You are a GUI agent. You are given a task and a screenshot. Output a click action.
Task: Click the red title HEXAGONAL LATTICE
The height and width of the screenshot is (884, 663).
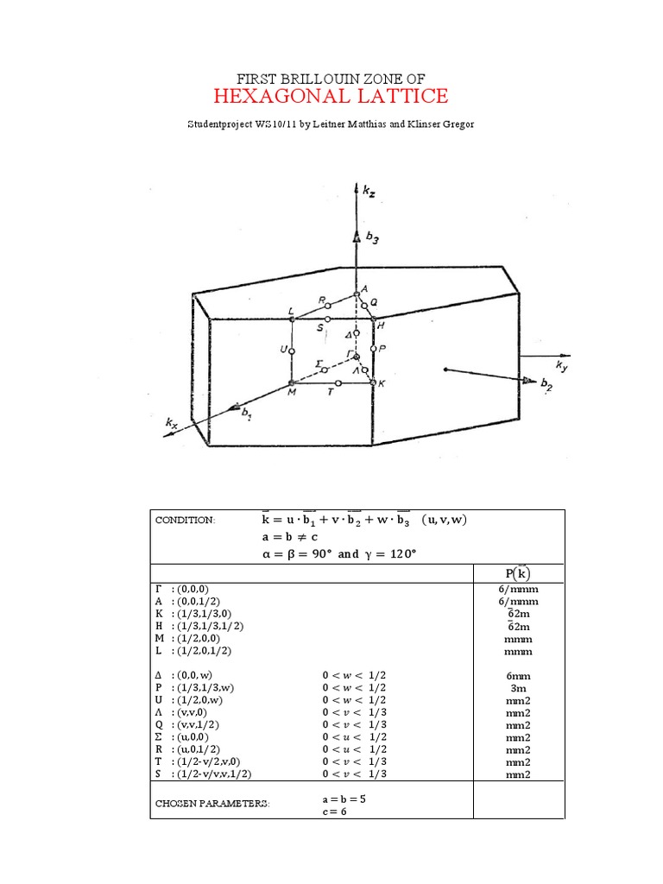pos(331,95)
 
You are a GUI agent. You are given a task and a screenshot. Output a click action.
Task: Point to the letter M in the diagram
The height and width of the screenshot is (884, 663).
pos(291,394)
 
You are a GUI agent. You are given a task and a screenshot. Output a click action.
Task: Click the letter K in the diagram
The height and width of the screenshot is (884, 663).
pos(381,383)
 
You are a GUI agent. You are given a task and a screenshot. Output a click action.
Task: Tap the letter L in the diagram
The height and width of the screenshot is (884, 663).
pos(291,310)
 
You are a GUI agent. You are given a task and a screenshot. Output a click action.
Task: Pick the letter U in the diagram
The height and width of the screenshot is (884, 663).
pos(282,350)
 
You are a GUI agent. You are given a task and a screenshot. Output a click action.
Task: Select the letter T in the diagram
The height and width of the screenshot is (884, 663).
pos(331,392)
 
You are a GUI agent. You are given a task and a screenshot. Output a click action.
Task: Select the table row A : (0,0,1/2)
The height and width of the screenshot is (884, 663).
pos(193,601)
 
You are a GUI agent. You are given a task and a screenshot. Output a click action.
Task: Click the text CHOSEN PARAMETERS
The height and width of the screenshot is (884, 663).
pos(212,803)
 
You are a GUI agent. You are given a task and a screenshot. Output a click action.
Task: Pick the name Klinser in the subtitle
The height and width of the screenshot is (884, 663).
pos(429,124)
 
